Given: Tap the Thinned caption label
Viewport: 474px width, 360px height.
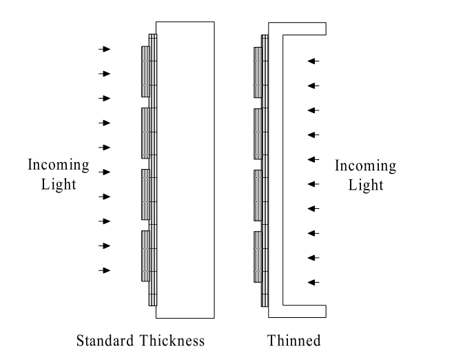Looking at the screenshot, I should pyautogui.click(x=294, y=341).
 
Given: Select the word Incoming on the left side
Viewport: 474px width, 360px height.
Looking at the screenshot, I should pyautogui.click(x=58, y=165).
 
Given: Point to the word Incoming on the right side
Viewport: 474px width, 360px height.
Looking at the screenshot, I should pyautogui.click(x=365, y=166).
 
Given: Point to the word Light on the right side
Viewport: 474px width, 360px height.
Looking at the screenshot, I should pyautogui.click(x=366, y=185).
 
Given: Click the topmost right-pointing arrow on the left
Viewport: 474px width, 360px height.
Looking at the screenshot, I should pyautogui.click(x=104, y=49).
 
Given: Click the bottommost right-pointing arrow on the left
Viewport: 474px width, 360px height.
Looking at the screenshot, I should pyautogui.click(x=104, y=270).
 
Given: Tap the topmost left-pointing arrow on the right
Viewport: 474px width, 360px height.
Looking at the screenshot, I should pyautogui.click(x=313, y=61).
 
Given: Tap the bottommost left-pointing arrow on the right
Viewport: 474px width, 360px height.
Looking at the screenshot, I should pyautogui.click(x=313, y=283).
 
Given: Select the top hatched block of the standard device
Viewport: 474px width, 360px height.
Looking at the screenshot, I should pyautogui.click(x=145, y=71).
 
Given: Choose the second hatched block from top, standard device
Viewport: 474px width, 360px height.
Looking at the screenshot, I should pyautogui.click(x=145, y=133).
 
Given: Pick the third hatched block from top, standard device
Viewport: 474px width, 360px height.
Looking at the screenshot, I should pyautogui.click(x=145, y=194).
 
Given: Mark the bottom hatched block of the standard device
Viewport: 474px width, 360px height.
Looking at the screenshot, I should pyautogui.click(x=145, y=255).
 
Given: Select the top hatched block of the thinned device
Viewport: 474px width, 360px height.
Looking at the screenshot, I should pyautogui.click(x=258, y=71).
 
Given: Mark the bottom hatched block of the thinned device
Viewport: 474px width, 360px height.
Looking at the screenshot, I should pyautogui.click(x=258, y=255).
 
